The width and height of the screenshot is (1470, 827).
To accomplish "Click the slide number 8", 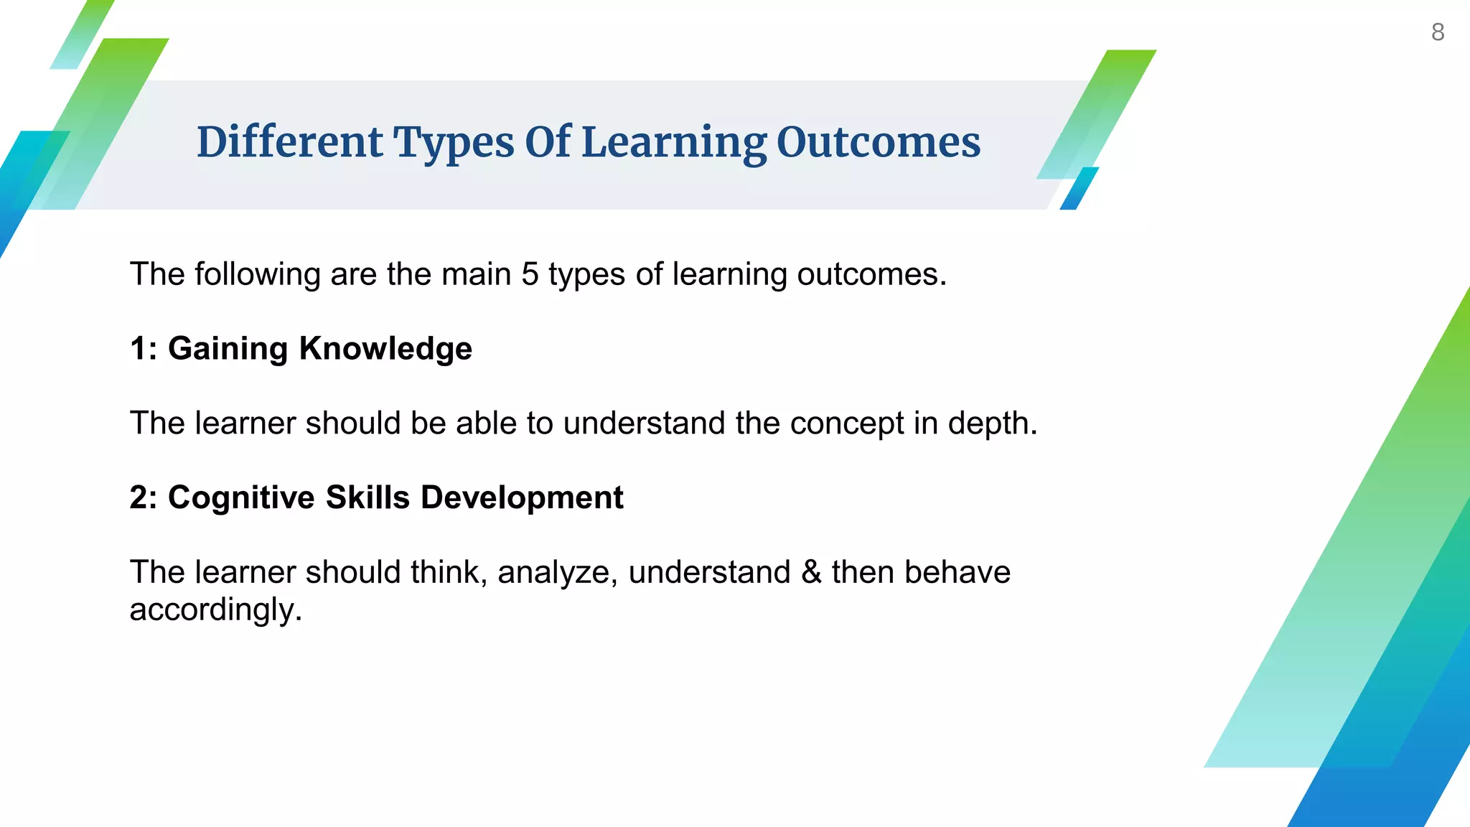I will (1437, 32).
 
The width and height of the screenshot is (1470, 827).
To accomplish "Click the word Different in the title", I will (289, 141).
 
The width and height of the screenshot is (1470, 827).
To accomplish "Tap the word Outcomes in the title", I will (878, 141).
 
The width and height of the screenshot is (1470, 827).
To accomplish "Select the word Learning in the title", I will (673, 141).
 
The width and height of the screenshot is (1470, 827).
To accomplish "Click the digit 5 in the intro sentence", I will (530, 274).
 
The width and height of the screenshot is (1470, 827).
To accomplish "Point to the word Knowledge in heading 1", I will (385, 349).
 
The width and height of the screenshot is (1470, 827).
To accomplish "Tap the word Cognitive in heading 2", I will (241, 497).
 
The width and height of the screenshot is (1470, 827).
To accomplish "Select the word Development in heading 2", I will (522, 497).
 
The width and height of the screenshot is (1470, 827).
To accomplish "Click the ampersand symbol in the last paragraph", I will (811, 573).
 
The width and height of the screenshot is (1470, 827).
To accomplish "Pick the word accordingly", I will (215, 610).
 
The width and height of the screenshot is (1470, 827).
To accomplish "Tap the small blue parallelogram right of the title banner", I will (1079, 189).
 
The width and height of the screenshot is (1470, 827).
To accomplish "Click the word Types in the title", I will (454, 141).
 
